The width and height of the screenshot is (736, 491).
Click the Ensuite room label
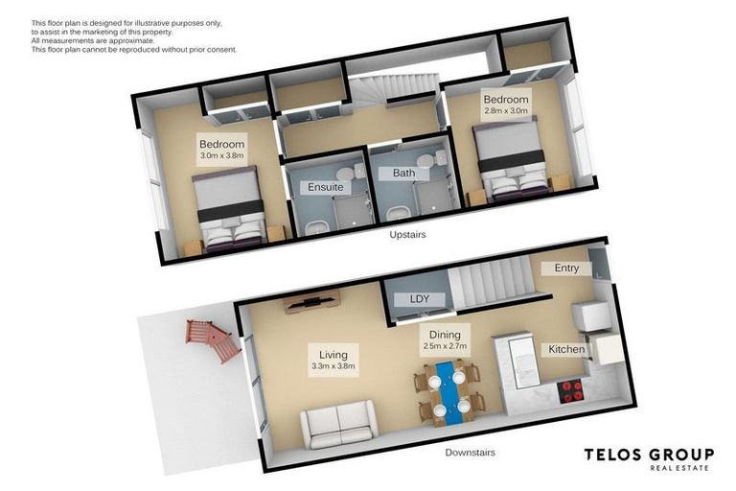point(325,187)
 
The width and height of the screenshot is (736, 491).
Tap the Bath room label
point(402,174)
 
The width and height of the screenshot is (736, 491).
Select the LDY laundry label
point(420,298)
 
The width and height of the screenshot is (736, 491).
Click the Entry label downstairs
point(566,268)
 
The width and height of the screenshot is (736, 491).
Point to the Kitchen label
point(565,349)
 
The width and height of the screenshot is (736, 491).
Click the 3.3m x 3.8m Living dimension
point(333,365)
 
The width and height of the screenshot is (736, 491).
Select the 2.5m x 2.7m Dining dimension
point(444,346)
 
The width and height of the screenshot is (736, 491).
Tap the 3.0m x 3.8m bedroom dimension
point(222,155)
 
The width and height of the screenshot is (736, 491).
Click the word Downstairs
point(471,452)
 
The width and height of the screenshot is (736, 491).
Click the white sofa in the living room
point(338,422)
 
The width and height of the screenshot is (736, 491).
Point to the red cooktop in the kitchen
point(572,389)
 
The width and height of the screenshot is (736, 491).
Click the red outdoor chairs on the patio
point(211,339)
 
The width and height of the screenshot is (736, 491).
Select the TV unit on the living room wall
point(310,302)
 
